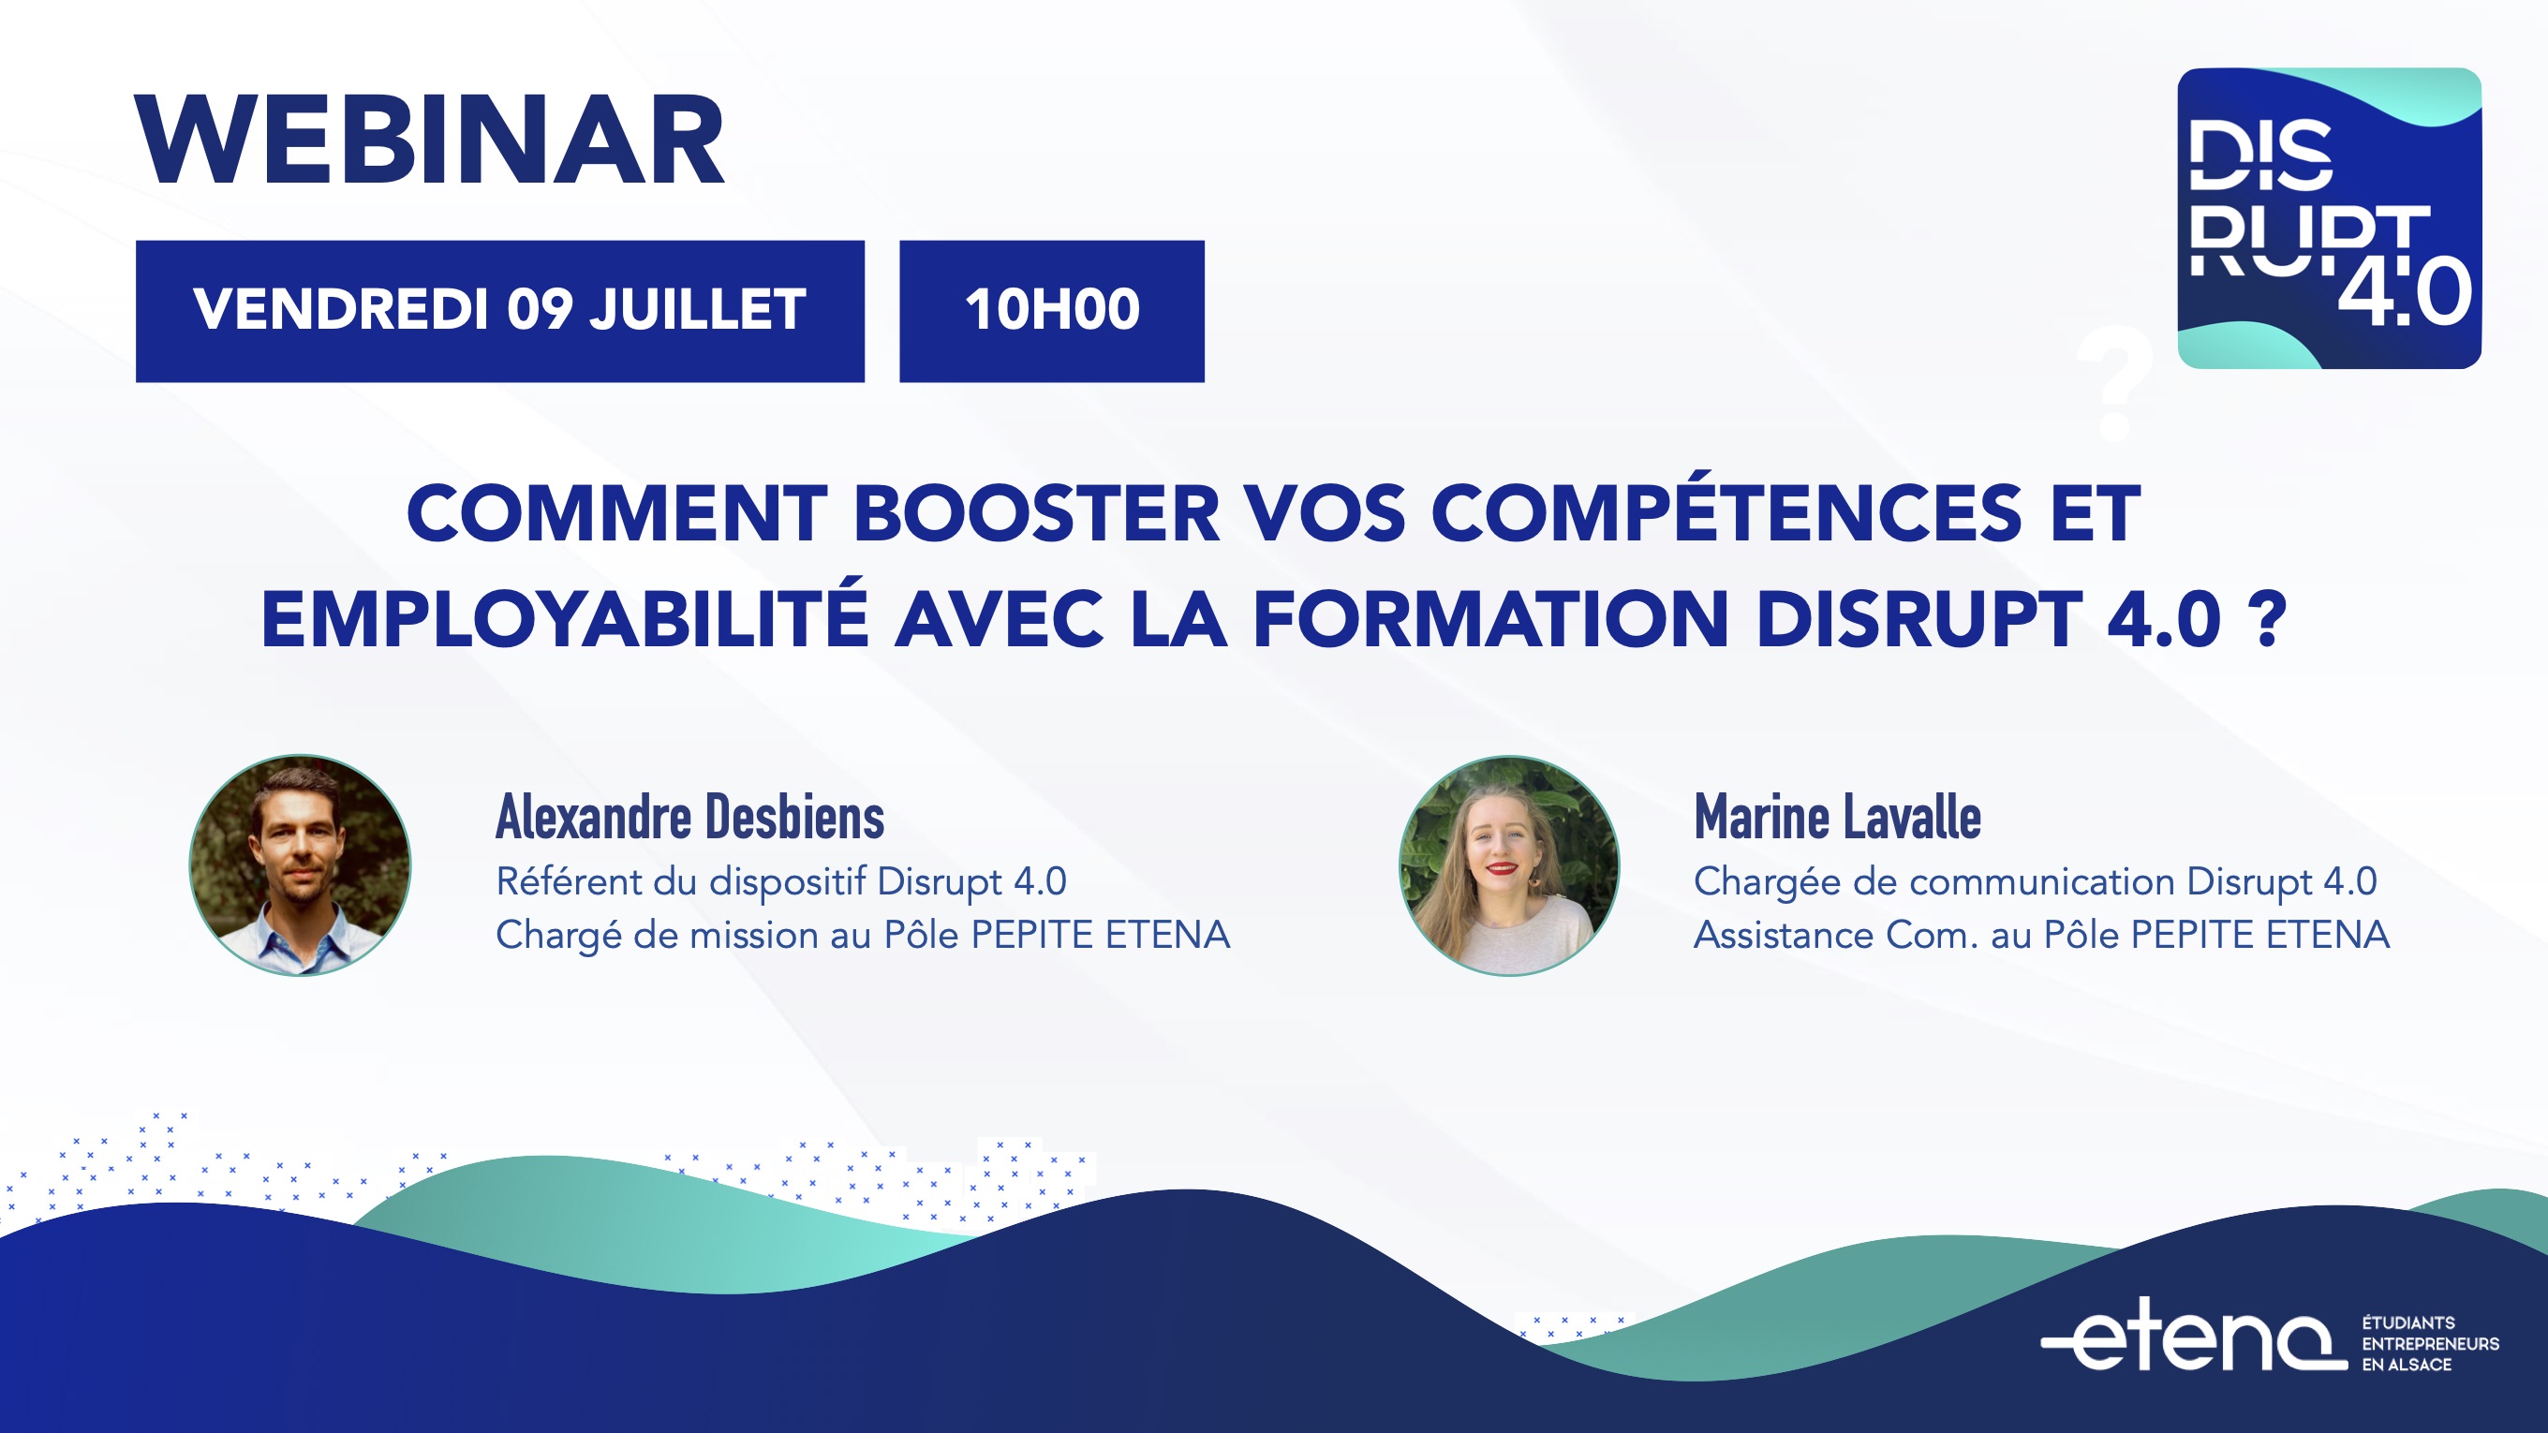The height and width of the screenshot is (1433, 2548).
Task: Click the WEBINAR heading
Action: [x=430, y=140]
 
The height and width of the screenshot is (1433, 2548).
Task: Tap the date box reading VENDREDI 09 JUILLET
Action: [x=499, y=311]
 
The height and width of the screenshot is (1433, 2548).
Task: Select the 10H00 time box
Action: [x=1051, y=311]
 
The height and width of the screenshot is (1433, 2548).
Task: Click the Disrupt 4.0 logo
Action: [x=2330, y=217]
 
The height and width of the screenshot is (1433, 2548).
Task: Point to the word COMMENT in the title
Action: [x=617, y=513]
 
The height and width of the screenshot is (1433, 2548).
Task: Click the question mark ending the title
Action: [x=2272, y=619]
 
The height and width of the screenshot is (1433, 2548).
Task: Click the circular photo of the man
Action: [x=300, y=865]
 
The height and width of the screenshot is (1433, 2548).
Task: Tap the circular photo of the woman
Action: [x=1509, y=865]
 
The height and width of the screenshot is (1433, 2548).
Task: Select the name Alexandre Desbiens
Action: [x=689, y=817]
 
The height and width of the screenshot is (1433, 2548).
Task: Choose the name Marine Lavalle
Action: [x=1838, y=817]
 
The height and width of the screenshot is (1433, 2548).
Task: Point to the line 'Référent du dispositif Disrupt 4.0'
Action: [x=781, y=882]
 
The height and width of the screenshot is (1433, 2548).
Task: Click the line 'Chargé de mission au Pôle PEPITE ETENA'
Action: [x=863, y=936]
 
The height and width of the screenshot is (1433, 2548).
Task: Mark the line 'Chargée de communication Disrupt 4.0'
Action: [x=2036, y=882]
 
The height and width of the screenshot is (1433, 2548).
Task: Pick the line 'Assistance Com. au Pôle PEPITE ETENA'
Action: [x=2041, y=936]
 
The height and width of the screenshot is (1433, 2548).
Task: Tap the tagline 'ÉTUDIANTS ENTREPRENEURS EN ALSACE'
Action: [x=2430, y=1343]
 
